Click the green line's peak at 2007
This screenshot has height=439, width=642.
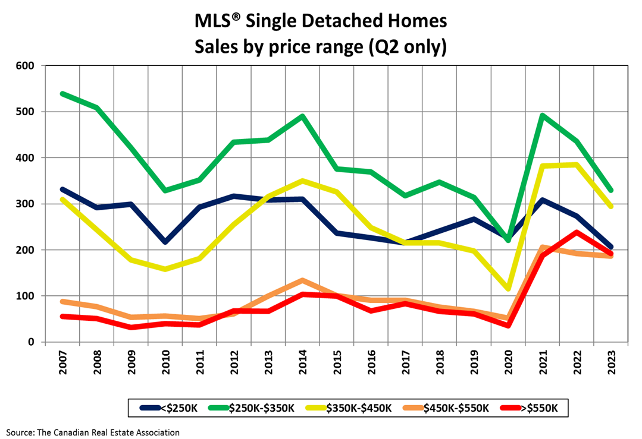(62, 94)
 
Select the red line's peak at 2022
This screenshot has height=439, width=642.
(577, 232)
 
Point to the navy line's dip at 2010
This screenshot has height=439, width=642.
(165, 242)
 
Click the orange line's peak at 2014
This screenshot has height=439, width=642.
(302, 280)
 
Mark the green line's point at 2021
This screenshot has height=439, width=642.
(543, 115)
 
